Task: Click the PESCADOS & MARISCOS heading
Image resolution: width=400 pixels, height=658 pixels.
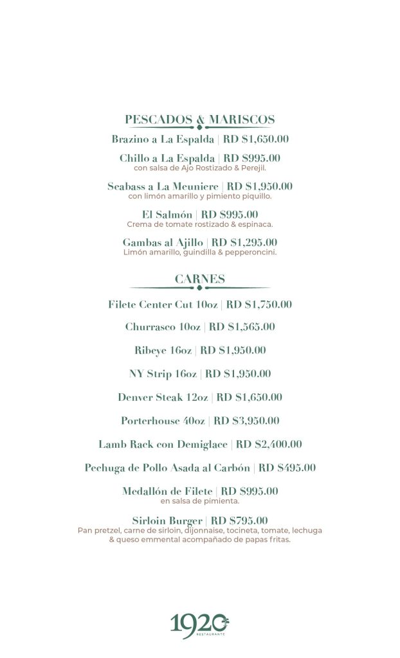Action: coord(200,120)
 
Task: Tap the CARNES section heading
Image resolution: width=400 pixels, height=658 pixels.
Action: coord(200,279)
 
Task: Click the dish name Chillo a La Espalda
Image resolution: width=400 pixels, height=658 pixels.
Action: coord(167,158)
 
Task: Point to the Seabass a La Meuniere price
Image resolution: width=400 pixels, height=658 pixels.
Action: coord(260,186)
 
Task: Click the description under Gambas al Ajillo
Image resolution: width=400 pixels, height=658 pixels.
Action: coord(200,253)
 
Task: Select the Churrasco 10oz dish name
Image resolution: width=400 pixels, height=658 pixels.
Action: coord(163,327)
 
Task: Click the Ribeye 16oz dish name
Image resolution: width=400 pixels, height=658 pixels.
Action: coord(163,350)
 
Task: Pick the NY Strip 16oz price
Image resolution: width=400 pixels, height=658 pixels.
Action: coord(238,374)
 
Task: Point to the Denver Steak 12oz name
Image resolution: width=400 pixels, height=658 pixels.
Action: coord(163,397)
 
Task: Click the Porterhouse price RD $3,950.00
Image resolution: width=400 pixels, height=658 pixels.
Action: coord(246,421)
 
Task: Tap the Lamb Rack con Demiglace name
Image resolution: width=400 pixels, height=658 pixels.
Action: coord(163,444)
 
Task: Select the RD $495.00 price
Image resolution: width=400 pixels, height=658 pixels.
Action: coord(287,468)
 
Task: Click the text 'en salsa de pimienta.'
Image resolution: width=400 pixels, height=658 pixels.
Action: coord(200,501)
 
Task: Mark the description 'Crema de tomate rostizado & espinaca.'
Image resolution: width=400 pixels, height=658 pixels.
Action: coord(200,224)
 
